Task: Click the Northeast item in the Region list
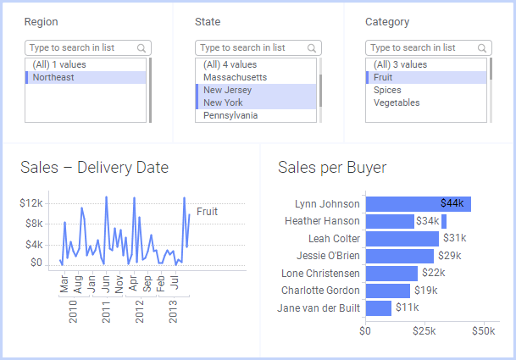tap(53, 78)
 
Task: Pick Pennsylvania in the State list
tap(230, 116)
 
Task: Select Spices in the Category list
tap(388, 90)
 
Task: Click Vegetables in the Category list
tap(397, 103)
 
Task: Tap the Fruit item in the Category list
tap(383, 77)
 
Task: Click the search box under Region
tap(80, 48)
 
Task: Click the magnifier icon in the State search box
tap(313, 48)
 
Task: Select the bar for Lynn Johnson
tap(417, 204)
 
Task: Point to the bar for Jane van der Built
tap(378, 308)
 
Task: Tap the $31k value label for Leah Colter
tap(454, 239)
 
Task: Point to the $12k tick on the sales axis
tap(31, 203)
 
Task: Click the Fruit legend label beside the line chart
tap(207, 212)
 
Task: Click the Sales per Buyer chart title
tap(332, 168)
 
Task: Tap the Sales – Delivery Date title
tap(95, 168)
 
